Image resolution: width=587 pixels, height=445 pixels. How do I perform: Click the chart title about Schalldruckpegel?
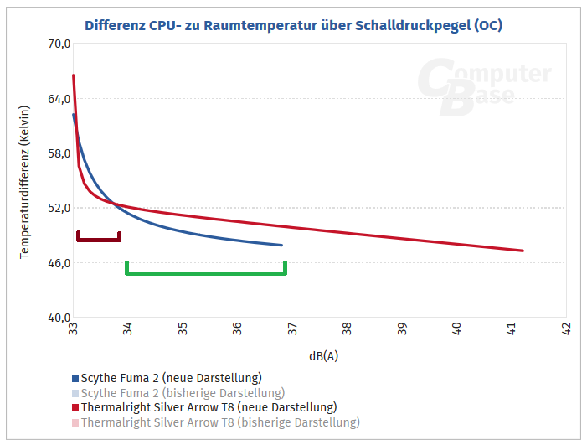pos(293,25)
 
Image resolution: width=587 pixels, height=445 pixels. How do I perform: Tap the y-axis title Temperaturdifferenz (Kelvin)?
pos(25,181)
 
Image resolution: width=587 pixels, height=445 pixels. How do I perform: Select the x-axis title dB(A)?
pos(323,355)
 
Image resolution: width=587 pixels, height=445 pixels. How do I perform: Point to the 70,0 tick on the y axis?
pos(56,44)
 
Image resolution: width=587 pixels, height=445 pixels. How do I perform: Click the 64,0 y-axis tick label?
pos(56,99)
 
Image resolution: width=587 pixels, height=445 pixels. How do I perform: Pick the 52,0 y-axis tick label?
pos(56,208)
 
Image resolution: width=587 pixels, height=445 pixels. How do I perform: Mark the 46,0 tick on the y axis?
pos(56,263)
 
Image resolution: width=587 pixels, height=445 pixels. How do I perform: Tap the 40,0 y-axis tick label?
pos(56,318)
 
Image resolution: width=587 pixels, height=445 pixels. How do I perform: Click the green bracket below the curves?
pos(206,272)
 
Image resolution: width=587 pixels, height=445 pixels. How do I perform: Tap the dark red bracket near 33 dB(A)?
pos(98,239)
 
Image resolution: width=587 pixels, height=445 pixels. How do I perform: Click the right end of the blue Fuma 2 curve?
pos(281,245)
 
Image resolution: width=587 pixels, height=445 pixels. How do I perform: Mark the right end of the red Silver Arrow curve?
pos(522,250)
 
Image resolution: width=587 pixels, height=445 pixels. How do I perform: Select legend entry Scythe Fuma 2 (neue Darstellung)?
pos(171,378)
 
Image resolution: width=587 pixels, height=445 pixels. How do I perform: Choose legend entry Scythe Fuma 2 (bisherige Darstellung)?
pos(183,392)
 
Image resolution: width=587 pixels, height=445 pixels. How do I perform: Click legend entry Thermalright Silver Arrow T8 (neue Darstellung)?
pos(209,407)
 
